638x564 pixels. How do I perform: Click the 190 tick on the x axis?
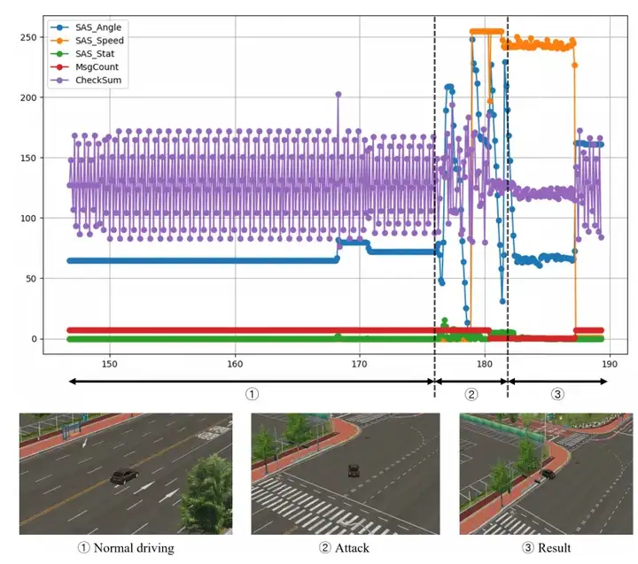[609, 363]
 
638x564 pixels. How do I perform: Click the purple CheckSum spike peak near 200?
[338, 93]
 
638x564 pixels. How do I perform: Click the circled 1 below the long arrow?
[252, 394]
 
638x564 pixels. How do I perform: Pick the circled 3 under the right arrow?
[557, 394]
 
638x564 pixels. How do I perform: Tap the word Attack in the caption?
[351, 548]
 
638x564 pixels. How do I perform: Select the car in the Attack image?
[354, 470]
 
